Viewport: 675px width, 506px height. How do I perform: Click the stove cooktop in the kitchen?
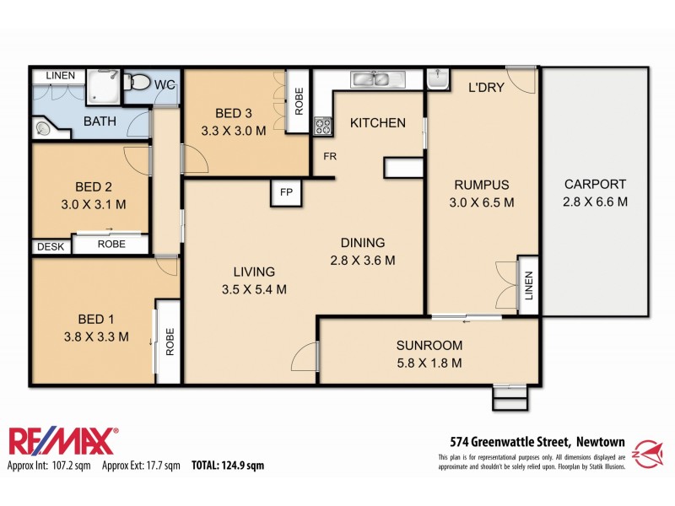tap(323, 126)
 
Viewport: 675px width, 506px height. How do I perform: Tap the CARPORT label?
tap(595, 184)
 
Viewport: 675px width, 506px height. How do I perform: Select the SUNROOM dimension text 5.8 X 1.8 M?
tap(429, 363)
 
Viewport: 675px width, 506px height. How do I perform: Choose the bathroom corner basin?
tap(44, 129)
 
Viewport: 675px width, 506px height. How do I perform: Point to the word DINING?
tap(363, 242)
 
